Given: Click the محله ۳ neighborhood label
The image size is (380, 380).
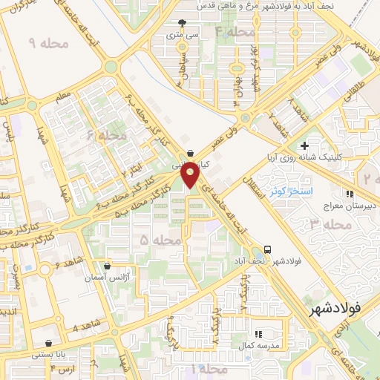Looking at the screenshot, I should pyautogui.click(x=330, y=223).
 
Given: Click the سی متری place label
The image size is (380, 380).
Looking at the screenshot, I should pyautogui.click(x=183, y=34).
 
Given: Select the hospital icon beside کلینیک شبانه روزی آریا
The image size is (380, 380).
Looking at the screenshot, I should pyautogui.click(x=303, y=145).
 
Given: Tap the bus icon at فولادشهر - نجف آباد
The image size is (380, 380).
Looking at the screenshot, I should pyautogui.click(x=266, y=249).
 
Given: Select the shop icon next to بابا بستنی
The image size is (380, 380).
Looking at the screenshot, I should pyautogui.click(x=48, y=344).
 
